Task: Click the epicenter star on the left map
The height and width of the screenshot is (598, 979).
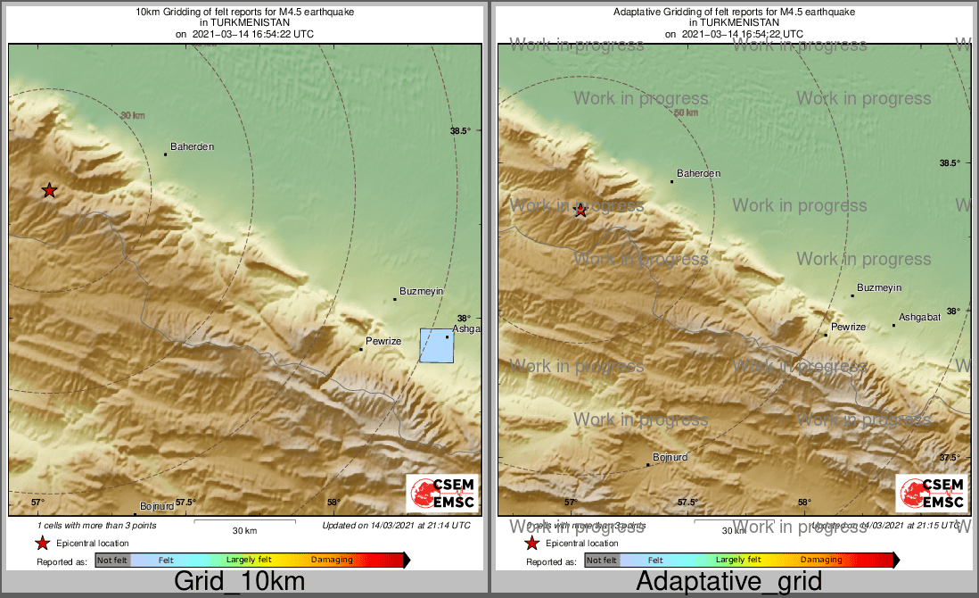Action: click(50, 190)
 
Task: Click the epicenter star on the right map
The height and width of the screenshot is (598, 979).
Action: click(580, 210)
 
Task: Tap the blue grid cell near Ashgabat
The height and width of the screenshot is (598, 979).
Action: click(437, 345)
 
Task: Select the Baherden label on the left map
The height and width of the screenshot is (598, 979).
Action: click(193, 146)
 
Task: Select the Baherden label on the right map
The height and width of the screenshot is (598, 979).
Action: click(699, 173)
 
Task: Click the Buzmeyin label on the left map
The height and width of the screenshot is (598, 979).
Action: click(421, 292)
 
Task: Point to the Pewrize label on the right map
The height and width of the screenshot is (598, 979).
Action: click(848, 328)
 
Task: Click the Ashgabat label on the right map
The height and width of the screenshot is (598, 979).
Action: click(920, 318)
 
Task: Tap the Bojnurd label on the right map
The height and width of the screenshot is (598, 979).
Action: click(670, 457)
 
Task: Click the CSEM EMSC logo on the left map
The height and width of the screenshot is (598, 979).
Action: click(442, 494)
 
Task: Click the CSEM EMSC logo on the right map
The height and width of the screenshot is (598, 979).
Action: click(932, 494)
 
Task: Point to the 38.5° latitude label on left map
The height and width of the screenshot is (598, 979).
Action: click(460, 131)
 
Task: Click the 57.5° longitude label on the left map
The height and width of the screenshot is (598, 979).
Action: click(185, 502)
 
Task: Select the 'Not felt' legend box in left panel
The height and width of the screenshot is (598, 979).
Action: click(112, 560)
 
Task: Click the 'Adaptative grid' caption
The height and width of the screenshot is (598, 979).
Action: click(728, 582)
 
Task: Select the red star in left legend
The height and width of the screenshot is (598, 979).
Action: click(42, 543)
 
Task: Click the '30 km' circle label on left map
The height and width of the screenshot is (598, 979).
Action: click(132, 115)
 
